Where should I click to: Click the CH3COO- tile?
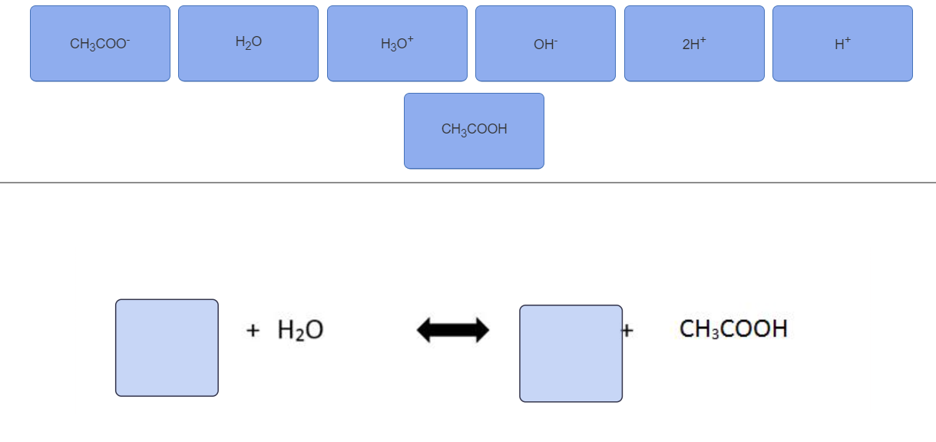coord(100,44)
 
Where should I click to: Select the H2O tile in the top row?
coord(248,44)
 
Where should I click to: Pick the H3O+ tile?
coord(397,44)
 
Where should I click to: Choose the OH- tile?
coord(545,44)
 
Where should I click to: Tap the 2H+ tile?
coord(694,44)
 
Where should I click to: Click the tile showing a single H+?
coord(842,44)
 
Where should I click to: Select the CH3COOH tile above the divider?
coord(474,130)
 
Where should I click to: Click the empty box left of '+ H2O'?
coord(167,348)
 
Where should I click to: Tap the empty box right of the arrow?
coord(571,354)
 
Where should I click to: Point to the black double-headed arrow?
coord(453,330)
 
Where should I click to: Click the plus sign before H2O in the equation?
coord(253,331)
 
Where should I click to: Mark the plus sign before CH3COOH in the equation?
coord(628,331)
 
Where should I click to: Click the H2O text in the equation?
coord(300,330)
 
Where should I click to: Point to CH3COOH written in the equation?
coord(733,329)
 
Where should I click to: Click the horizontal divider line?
coord(468,183)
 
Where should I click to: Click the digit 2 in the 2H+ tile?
coord(686,45)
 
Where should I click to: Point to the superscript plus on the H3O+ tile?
coord(411,39)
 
